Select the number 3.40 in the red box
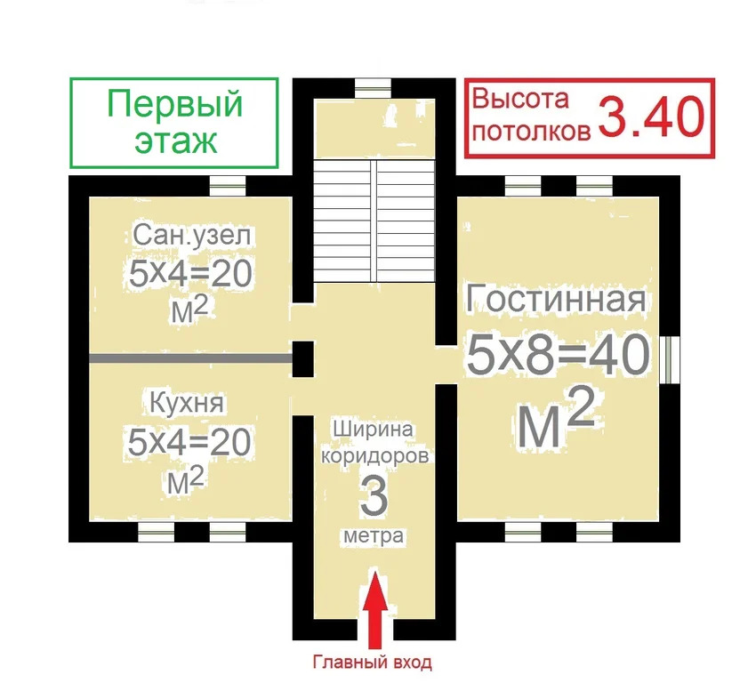point(651,117)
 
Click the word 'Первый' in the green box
point(175,104)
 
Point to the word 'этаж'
point(175,140)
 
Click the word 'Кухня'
point(189,405)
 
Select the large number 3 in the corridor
point(374,496)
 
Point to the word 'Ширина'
point(374,430)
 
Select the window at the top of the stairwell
point(373,86)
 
